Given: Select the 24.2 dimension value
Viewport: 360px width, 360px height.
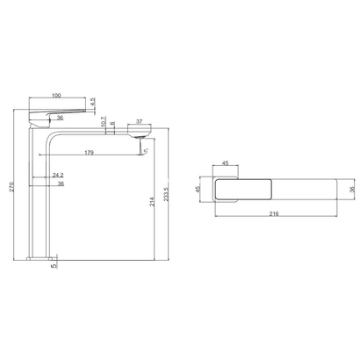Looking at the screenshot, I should (x=58, y=175).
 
